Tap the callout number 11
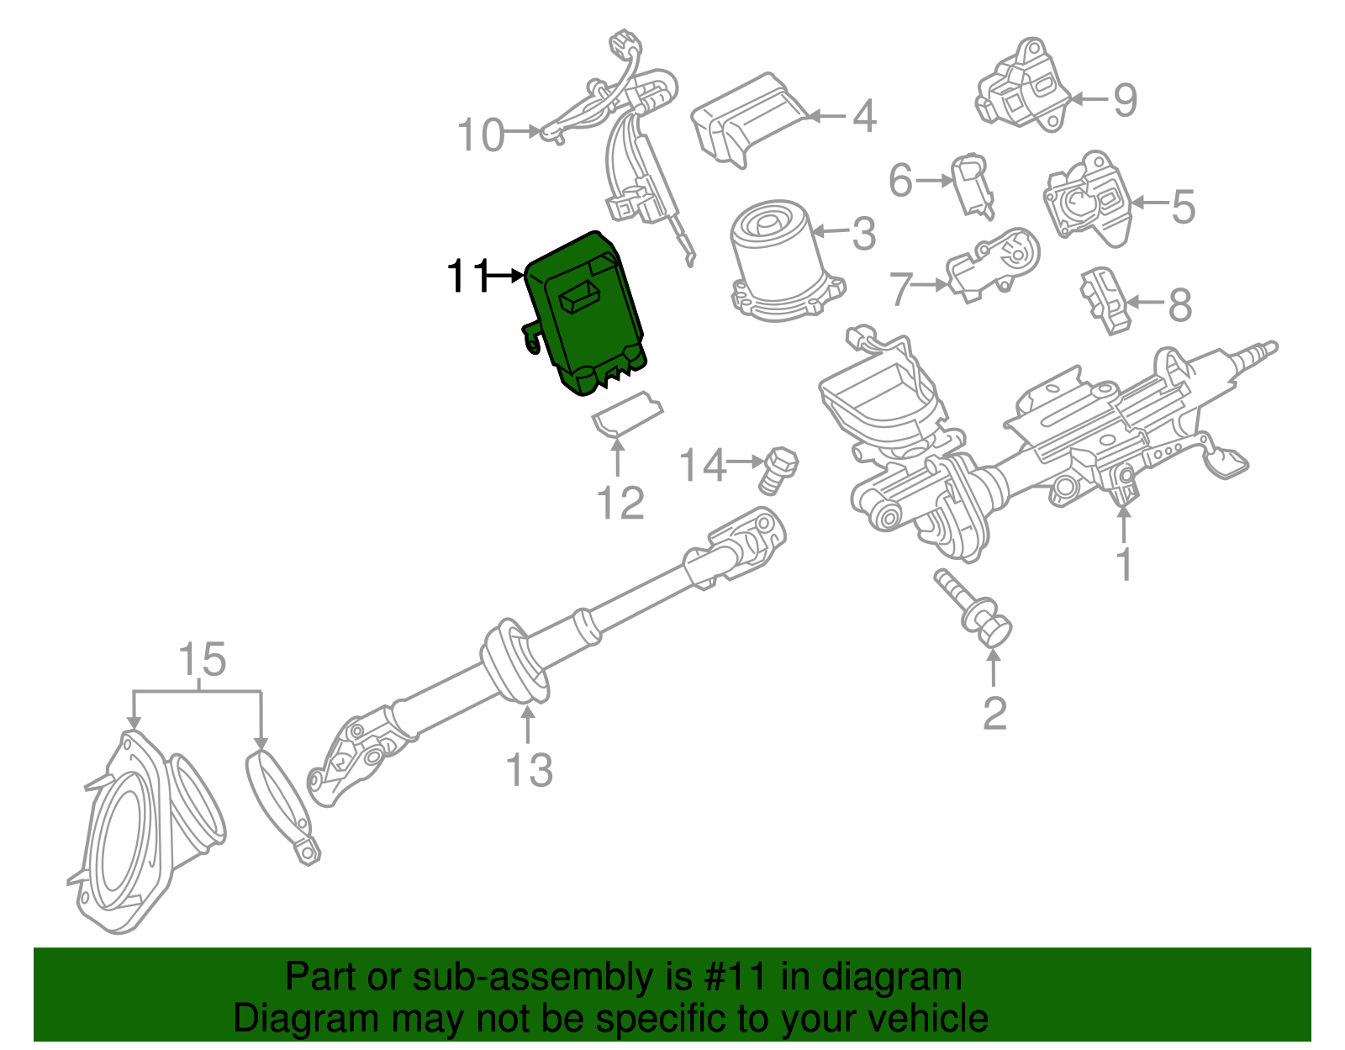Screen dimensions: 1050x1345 pos(468,276)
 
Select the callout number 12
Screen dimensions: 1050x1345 pos(620,503)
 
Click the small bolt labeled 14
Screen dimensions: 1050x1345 pos(778,472)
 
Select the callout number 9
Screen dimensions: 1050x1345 pos(1125,100)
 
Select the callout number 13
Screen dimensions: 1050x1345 pos(529,769)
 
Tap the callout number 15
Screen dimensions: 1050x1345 pos(203,659)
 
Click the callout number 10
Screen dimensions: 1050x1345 pos(480,135)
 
